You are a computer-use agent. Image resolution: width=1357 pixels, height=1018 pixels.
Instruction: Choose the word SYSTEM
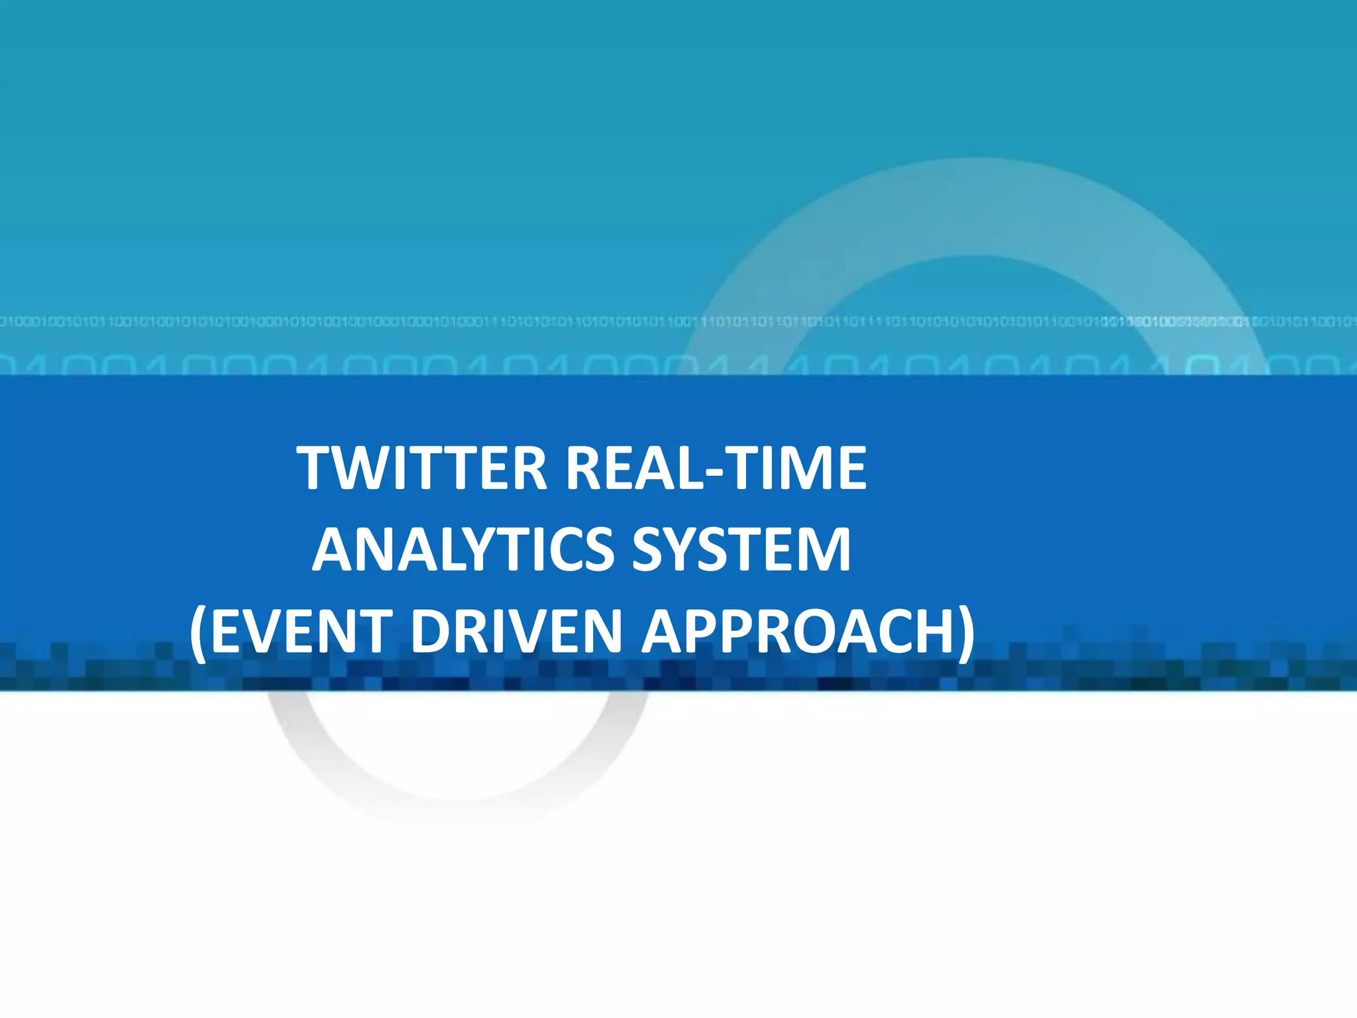[x=741, y=549]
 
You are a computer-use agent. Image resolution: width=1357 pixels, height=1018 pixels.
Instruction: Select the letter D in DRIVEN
[x=431, y=631]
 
